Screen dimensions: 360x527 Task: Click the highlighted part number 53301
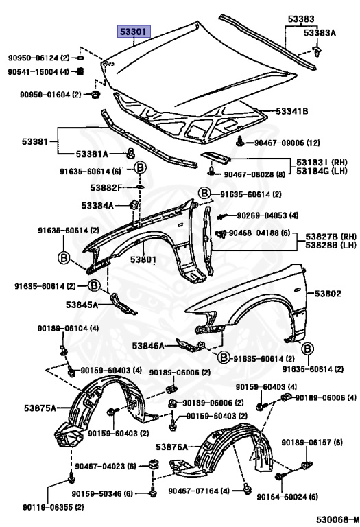point(133,32)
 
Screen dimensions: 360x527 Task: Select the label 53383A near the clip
point(320,33)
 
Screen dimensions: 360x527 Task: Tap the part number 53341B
point(292,111)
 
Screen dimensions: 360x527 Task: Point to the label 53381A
point(92,154)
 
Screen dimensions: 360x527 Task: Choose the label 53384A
point(98,205)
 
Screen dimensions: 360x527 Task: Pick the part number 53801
point(143,259)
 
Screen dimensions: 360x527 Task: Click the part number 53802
point(328,294)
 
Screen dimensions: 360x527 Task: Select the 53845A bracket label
point(82,305)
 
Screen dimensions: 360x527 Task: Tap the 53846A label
point(148,346)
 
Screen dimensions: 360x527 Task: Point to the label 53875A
point(40,408)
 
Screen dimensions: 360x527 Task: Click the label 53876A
point(171,447)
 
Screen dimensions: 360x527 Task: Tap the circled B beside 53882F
point(141,167)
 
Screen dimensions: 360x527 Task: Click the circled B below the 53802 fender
point(308,349)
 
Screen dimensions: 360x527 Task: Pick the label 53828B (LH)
point(331,245)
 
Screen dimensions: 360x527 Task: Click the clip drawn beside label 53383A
point(316,51)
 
